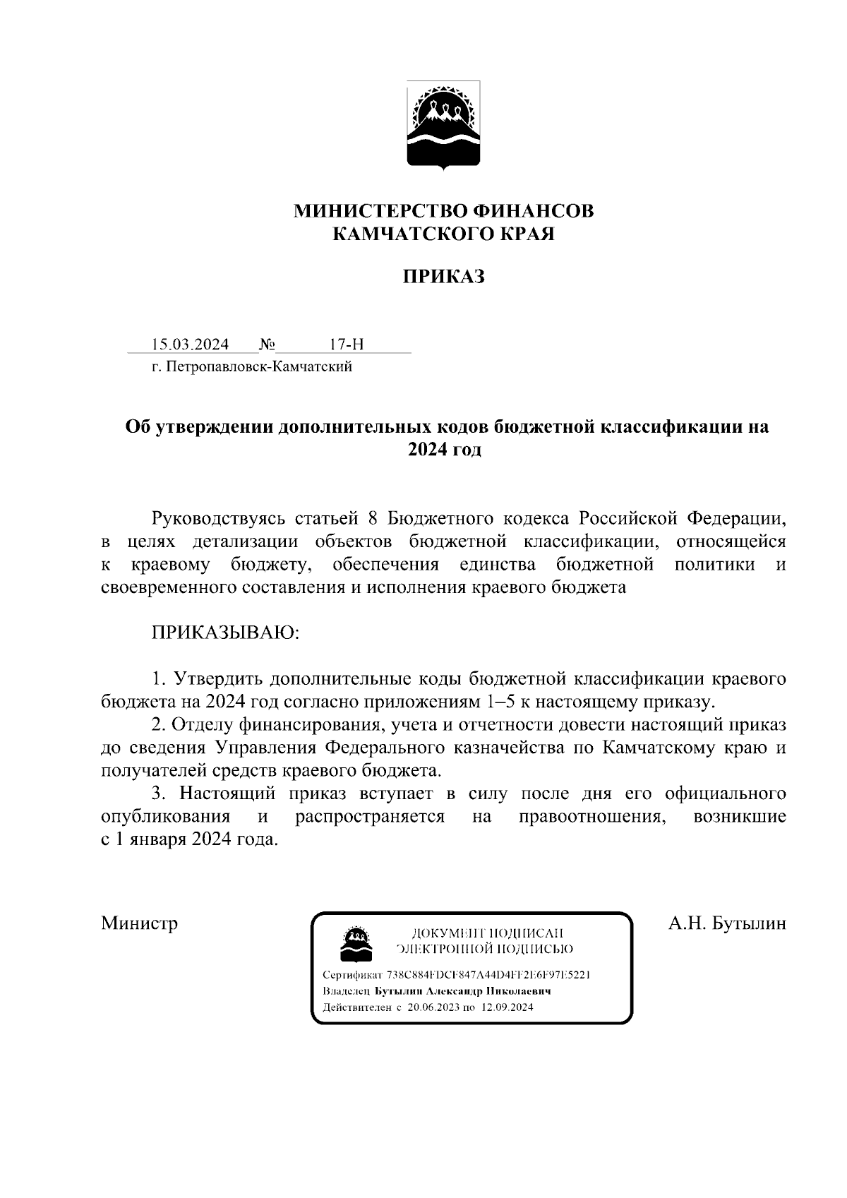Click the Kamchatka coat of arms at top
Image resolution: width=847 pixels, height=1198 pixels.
(443, 126)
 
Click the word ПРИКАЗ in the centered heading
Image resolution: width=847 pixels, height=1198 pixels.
(443, 276)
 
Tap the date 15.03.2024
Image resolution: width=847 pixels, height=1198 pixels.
(190, 345)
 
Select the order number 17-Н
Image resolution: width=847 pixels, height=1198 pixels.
(346, 345)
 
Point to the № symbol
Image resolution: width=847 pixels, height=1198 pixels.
(268, 345)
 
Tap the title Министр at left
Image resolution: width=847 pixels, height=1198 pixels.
(139, 923)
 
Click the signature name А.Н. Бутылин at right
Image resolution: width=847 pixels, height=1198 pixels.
(727, 923)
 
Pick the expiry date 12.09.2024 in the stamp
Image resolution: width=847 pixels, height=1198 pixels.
(506, 1007)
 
